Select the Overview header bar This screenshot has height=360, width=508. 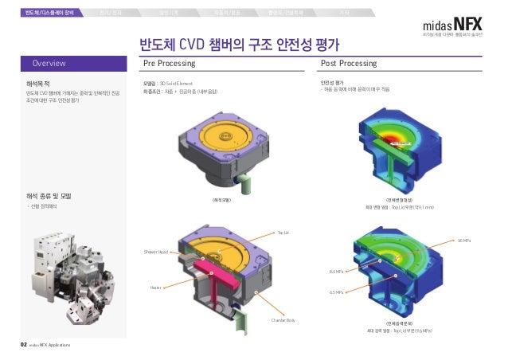click(x=76, y=62)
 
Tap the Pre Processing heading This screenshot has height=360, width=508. click(x=168, y=62)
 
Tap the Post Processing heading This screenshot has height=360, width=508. click(x=348, y=62)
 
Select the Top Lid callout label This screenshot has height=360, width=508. click(x=282, y=233)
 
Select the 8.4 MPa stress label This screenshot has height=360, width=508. click(x=336, y=272)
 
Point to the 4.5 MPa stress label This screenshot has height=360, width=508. click(x=336, y=292)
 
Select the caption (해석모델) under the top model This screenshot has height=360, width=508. click(x=221, y=199)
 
